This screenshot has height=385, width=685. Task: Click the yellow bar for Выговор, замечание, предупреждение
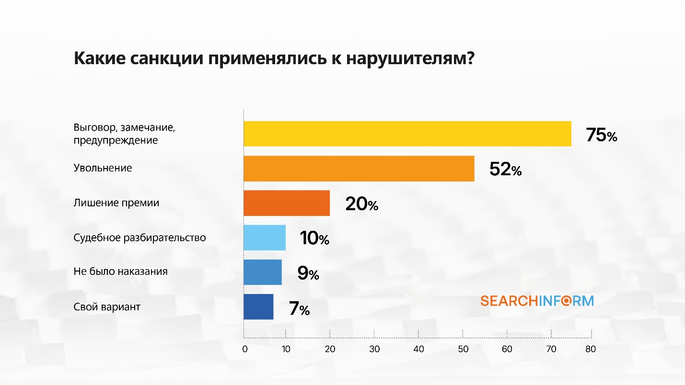click(407, 134)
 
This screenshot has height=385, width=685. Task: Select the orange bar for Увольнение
click(359, 169)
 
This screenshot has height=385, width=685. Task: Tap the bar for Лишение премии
click(287, 203)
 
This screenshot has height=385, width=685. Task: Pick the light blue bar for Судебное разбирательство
click(265, 238)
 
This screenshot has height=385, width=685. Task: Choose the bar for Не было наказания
click(263, 272)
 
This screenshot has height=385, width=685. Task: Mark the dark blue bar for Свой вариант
click(258, 306)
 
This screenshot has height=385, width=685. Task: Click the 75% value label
click(602, 136)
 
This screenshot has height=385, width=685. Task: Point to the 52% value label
click(505, 170)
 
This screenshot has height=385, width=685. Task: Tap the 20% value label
click(361, 204)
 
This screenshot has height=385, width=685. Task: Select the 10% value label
click(314, 238)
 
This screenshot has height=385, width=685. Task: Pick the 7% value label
click(300, 309)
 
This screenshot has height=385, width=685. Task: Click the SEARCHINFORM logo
click(537, 301)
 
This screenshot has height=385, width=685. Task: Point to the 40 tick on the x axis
click(418, 349)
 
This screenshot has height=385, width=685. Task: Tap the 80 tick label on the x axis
click(591, 349)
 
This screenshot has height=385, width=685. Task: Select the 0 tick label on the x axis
click(245, 349)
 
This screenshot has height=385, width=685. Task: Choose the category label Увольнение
click(103, 168)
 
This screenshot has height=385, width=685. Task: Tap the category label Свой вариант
click(107, 306)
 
